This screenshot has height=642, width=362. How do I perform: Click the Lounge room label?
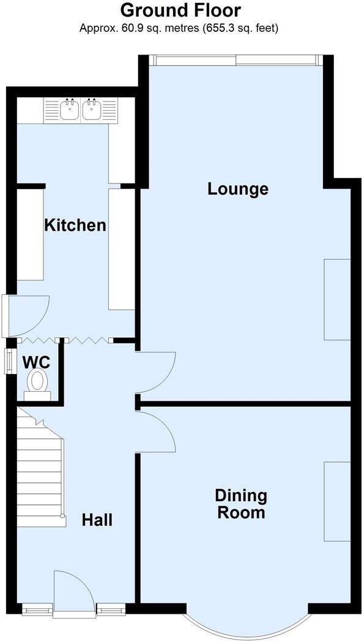point(238,188)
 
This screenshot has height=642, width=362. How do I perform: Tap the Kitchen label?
point(75,225)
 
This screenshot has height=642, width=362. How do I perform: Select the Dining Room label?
point(241,504)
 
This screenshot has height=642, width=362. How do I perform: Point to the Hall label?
point(97,520)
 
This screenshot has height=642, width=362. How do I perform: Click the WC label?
point(36,362)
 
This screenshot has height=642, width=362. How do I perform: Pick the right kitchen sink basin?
point(93,110)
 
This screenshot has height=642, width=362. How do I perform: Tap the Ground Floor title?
point(180,10)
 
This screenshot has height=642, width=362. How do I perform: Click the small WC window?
point(10,360)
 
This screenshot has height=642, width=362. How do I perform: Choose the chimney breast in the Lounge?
point(337,299)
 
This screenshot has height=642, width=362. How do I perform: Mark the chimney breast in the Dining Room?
point(337,501)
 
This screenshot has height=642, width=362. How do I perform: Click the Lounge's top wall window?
point(235,60)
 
